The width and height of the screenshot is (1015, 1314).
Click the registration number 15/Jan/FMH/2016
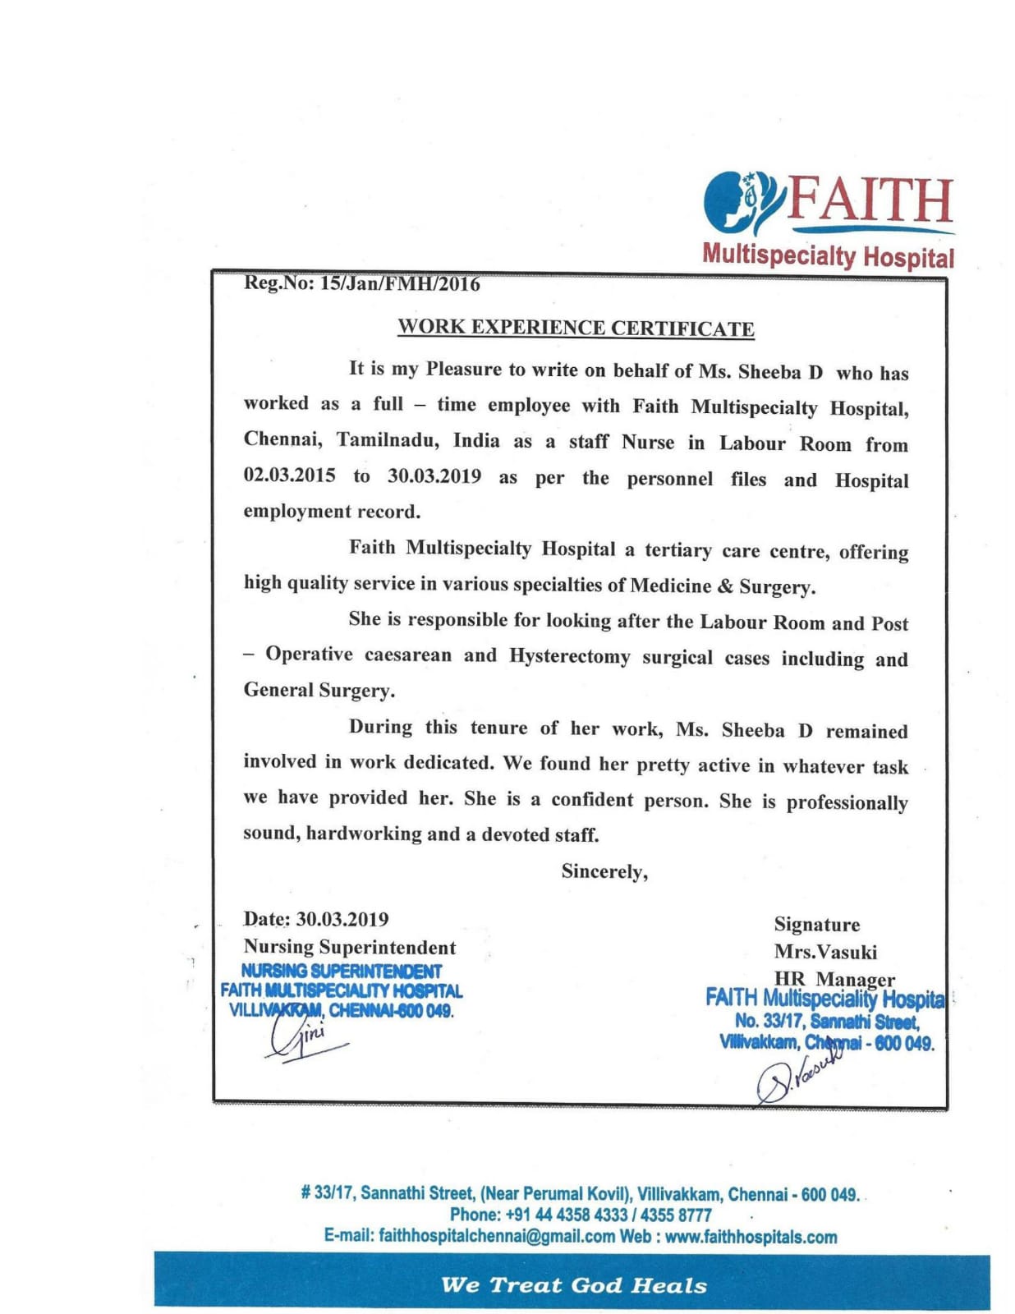coord(400,284)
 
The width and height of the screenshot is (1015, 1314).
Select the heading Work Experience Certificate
coord(576,328)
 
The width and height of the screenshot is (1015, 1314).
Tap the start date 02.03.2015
coord(289,475)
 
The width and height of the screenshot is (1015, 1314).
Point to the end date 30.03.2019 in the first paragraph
coord(434,476)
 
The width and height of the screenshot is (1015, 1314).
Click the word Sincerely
coord(604,871)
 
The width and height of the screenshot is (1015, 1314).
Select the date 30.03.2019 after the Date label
coord(342,919)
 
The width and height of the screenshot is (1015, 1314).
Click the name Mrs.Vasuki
coord(825,952)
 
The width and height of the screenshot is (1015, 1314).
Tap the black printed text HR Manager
coord(834,979)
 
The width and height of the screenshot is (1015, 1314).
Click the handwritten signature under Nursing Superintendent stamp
coord(304,1040)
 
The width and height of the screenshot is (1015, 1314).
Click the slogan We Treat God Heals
coord(573,1285)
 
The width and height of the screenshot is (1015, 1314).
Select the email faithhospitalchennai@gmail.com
coord(497,1237)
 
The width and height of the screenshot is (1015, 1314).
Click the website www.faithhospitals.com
coord(751,1237)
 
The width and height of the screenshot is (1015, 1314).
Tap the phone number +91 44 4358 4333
coord(567,1215)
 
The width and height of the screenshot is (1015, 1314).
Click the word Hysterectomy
coord(569,656)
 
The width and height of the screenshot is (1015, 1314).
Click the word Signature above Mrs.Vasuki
coord(817,925)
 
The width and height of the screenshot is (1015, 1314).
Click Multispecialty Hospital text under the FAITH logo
coord(828,256)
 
